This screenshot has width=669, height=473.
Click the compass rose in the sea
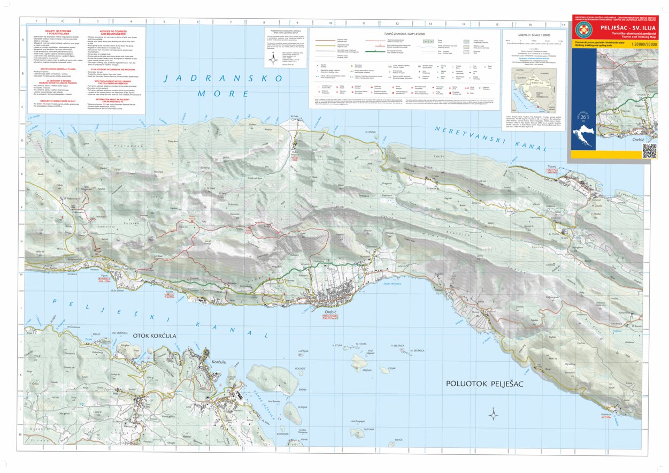(494, 414)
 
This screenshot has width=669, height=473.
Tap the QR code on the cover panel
(648, 151)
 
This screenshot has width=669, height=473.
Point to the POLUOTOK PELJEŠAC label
(486, 384)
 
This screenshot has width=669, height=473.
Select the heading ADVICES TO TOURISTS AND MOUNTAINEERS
(113, 32)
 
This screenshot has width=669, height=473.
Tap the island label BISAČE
(398, 440)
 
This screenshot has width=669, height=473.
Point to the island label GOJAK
(391, 368)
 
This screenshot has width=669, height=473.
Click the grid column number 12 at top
(397, 24)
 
